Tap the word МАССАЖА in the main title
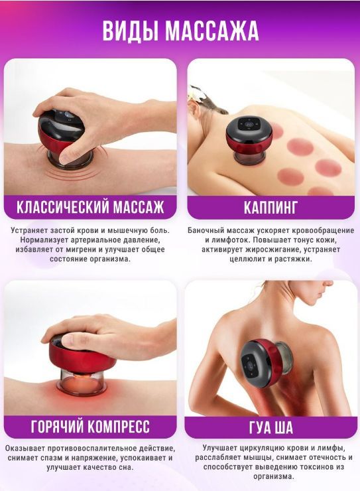pos(211,31)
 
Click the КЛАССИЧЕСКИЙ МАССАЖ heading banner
pos(90,207)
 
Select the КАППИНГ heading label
pos(270,207)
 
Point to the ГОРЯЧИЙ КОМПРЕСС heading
pos(90,427)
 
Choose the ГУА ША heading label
pos(271,427)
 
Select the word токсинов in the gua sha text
pos(315,467)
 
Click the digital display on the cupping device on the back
pos(249,125)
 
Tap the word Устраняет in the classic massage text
pos(29,230)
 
